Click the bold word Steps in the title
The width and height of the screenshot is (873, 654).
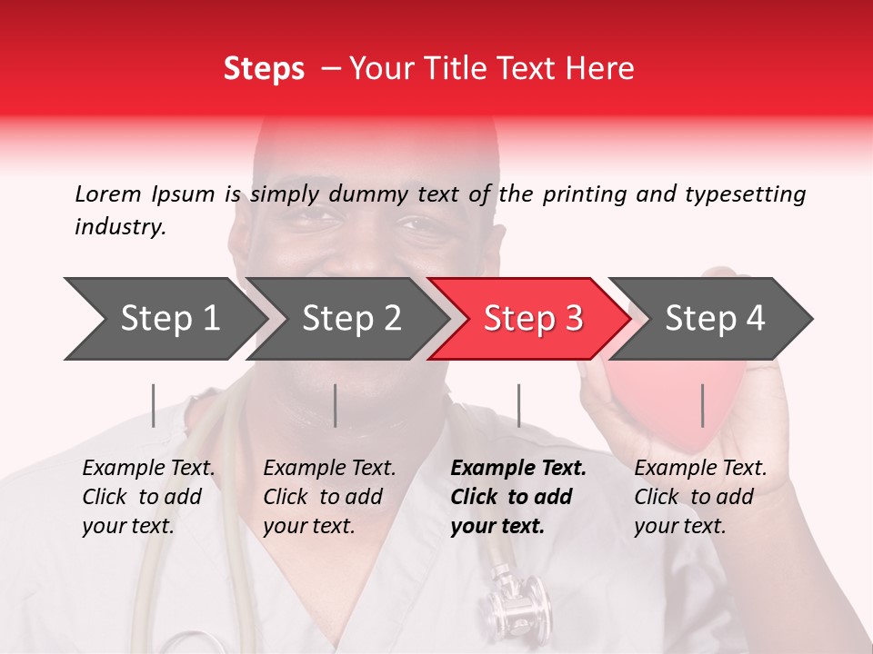point(264,69)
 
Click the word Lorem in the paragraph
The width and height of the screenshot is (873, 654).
point(107,193)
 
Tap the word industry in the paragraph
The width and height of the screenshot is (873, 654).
point(120,227)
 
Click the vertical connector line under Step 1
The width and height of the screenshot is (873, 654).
point(153,405)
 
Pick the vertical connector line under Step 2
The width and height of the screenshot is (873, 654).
point(336,405)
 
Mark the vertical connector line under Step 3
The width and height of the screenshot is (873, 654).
point(518,405)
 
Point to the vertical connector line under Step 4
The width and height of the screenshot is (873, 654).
point(702,405)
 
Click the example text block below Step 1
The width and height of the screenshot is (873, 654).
point(148,497)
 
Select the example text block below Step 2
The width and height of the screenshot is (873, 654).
point(329,497)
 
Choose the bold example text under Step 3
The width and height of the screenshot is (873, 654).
point(518,497)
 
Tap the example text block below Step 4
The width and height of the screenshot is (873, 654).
point(700,497)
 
